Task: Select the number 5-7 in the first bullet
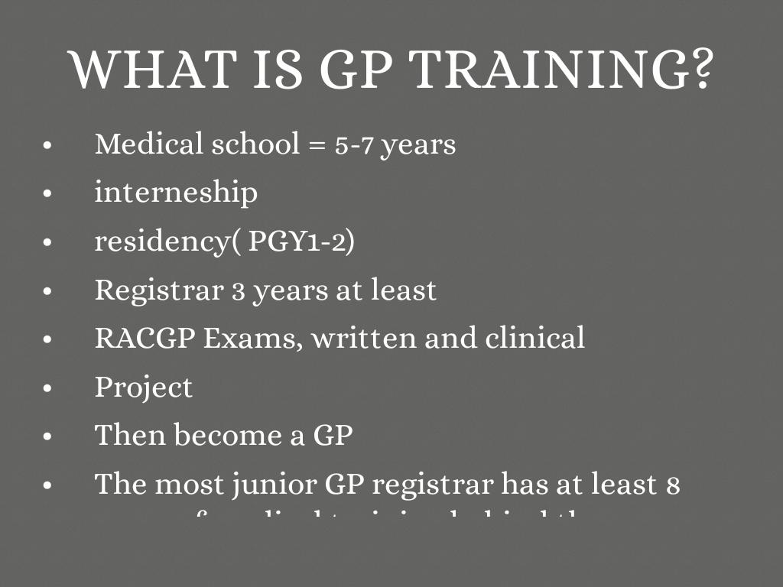tap(354, 144)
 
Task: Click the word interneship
tap(176, 193)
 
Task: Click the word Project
tap(144, 388)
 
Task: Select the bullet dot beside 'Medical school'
tap(47, 145)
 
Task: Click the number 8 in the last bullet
tap(673, 485)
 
